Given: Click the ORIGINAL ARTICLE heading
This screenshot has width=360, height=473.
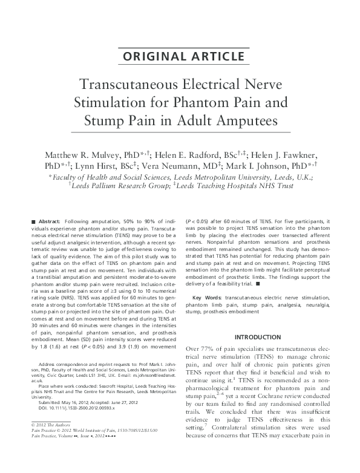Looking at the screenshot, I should (180, 57).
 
